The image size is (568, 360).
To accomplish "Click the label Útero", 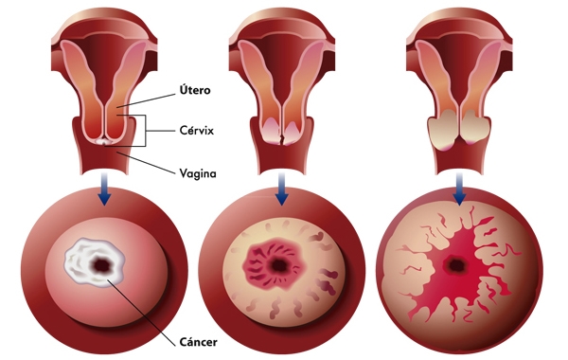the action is pos(195,89).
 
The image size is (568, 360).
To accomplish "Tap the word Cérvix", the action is pos(197,130).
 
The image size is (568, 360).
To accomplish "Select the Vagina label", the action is pos(198,173).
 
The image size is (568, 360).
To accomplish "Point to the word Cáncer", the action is pos(198,341).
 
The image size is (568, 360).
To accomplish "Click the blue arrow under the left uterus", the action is pos(104,189).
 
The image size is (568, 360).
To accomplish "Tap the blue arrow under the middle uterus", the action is pos(281,189).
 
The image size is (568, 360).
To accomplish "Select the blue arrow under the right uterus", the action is pos(459,189).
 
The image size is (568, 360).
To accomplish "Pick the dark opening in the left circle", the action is pos(101,265).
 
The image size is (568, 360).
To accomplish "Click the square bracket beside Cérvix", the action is pos(145,131).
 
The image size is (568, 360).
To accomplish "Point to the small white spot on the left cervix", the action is pos(104,142).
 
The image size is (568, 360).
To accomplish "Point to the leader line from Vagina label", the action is pos(147,163).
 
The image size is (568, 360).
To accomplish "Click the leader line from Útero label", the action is pos(146,100).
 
